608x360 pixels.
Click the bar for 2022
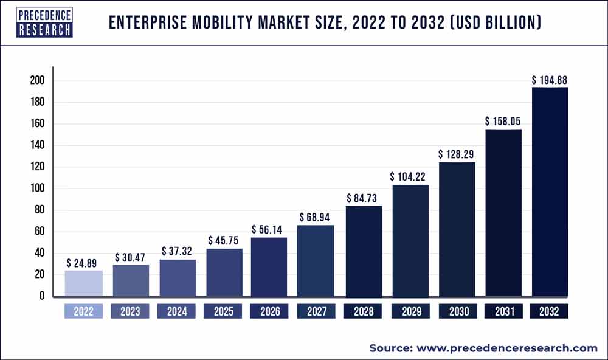pyautogui.click(x=84, y=283)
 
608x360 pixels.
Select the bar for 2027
pyautogui.click(x=316, y=260)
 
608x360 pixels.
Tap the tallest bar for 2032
pyautogui.click(x=550, y=192)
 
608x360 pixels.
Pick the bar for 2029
pyautogui.click(x=410, y=240)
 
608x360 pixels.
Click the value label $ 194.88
pyautogui.click(x=550, y=80)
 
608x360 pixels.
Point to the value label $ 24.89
pyautogui.click(x=84, y=263)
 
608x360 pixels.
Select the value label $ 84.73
pyautogui.click(x=364, y=198)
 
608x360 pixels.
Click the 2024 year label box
pyautogui.click(x=177, y=312)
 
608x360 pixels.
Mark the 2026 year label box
pyautogui.click(x=270, y=312)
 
